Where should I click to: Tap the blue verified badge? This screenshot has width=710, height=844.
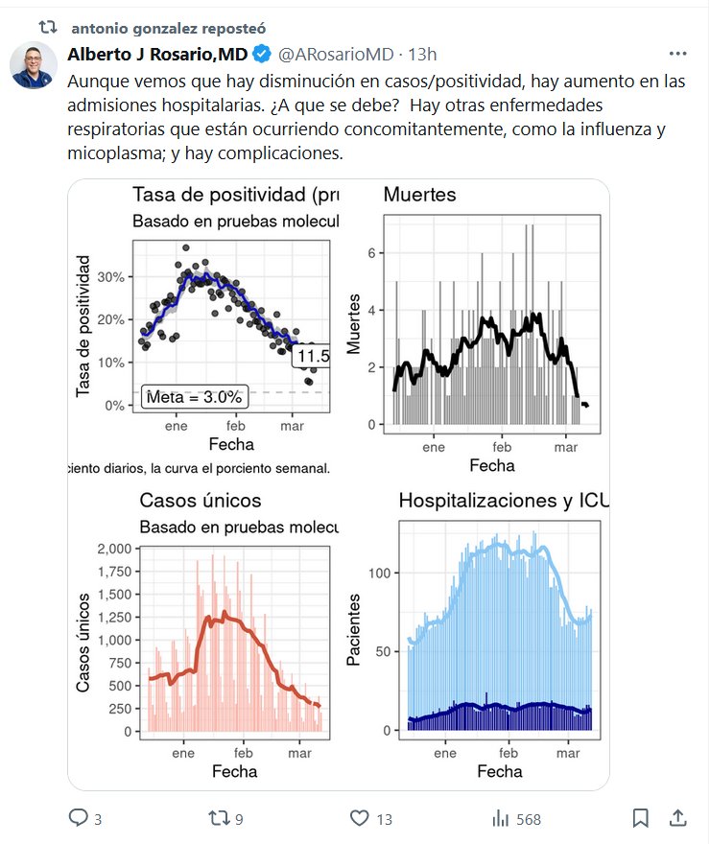(262, 54)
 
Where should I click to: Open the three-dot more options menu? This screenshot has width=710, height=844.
(677, 54)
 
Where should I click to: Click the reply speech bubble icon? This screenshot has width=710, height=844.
(79, 818)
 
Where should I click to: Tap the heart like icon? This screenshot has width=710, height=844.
(360, 818)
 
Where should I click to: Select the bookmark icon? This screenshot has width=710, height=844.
(641, 818)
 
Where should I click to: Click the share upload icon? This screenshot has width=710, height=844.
(677, 818)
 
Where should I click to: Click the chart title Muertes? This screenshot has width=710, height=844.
(419, 196)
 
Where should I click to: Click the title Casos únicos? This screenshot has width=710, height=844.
(200, 500)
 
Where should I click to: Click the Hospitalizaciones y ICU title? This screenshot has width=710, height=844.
(502, 500)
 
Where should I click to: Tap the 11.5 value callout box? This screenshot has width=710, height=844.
(312, 357)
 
